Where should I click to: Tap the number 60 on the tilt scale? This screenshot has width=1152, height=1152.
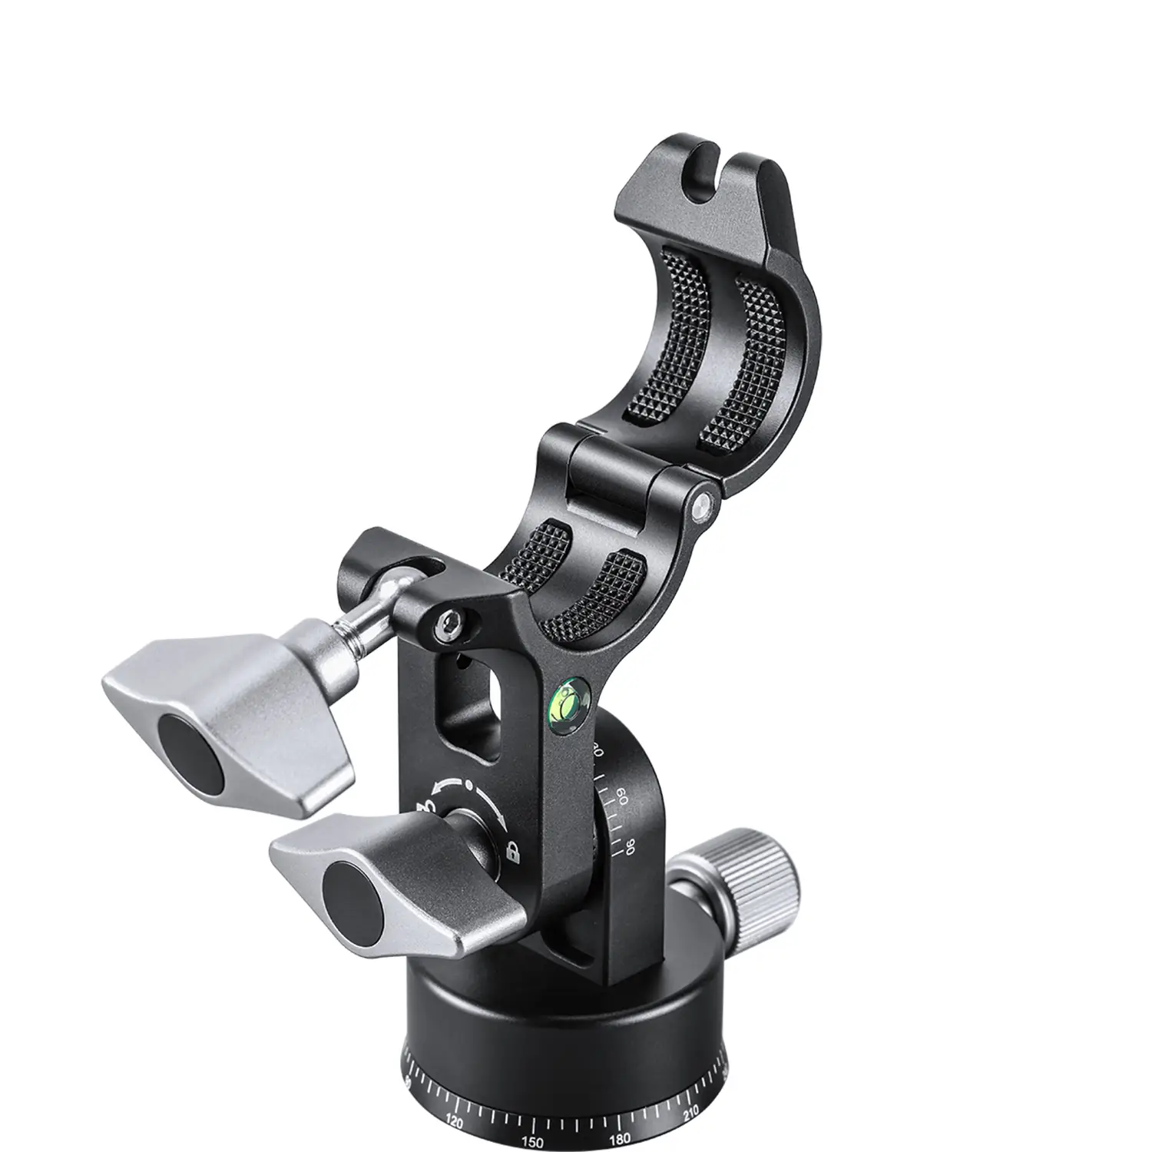point(622,794)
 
